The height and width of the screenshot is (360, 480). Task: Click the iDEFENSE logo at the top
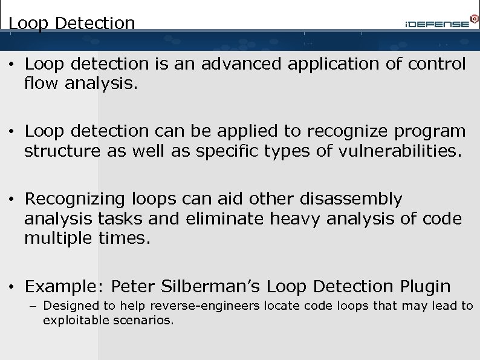coord(437,23)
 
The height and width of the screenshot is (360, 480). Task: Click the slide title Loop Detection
coord(72,23)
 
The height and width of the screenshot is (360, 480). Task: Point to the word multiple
coord(58,238)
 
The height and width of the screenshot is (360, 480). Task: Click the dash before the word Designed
coord(34,306)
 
